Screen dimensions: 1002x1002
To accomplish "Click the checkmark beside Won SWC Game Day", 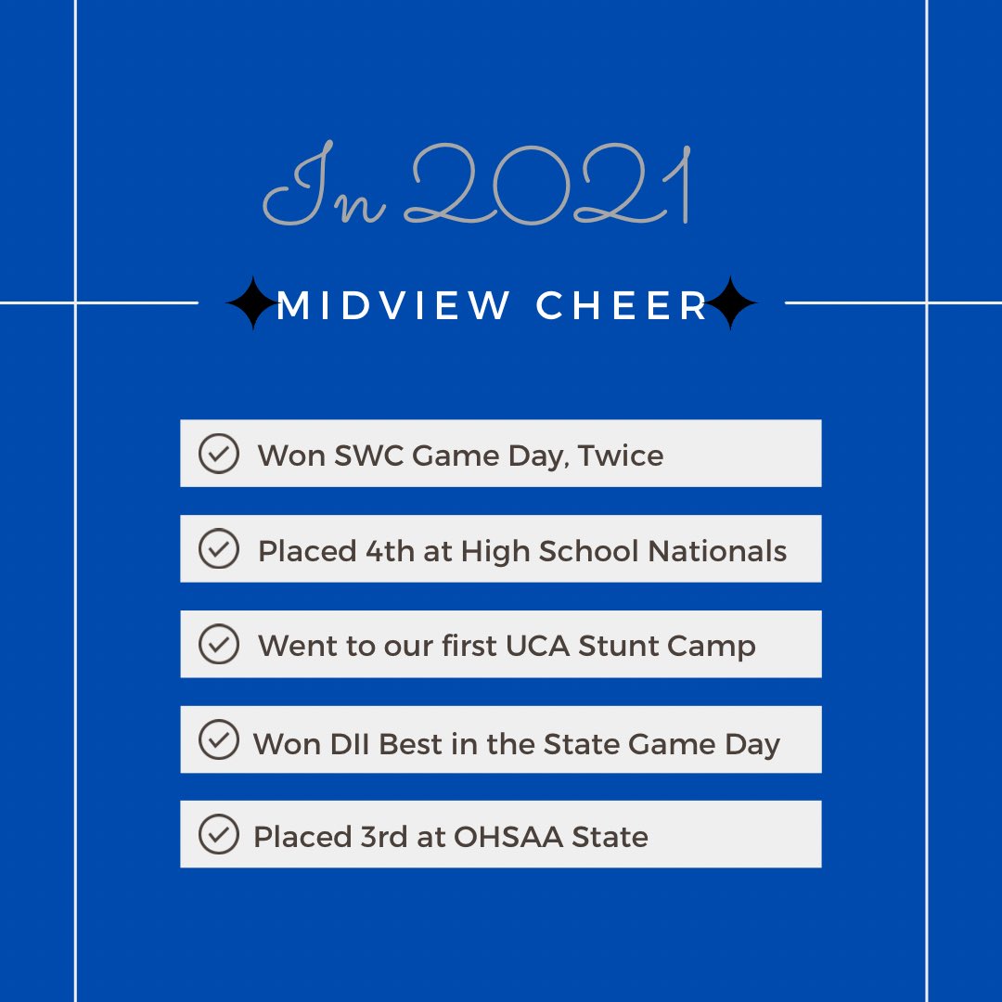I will click(x=219, y=454).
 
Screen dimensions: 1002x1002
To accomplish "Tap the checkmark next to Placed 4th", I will click(x=219, y=548).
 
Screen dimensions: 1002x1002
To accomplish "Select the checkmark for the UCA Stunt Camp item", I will click(x=219, y=644).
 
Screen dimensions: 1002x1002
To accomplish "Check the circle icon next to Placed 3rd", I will click(x=219, y=834).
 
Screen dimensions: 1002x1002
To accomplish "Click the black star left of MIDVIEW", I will click(x=250, y=303).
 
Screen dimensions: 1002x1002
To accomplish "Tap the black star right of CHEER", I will click(x=732, y=303).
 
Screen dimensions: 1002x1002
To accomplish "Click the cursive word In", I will click(x=325, y=190).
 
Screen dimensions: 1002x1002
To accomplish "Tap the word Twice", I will click(x=621, y=456).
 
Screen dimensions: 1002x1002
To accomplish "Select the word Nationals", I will click(x=717, y=551).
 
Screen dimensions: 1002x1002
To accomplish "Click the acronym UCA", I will click(x=537, y=646).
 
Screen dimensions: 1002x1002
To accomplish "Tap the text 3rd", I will click(x=382, y=837).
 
